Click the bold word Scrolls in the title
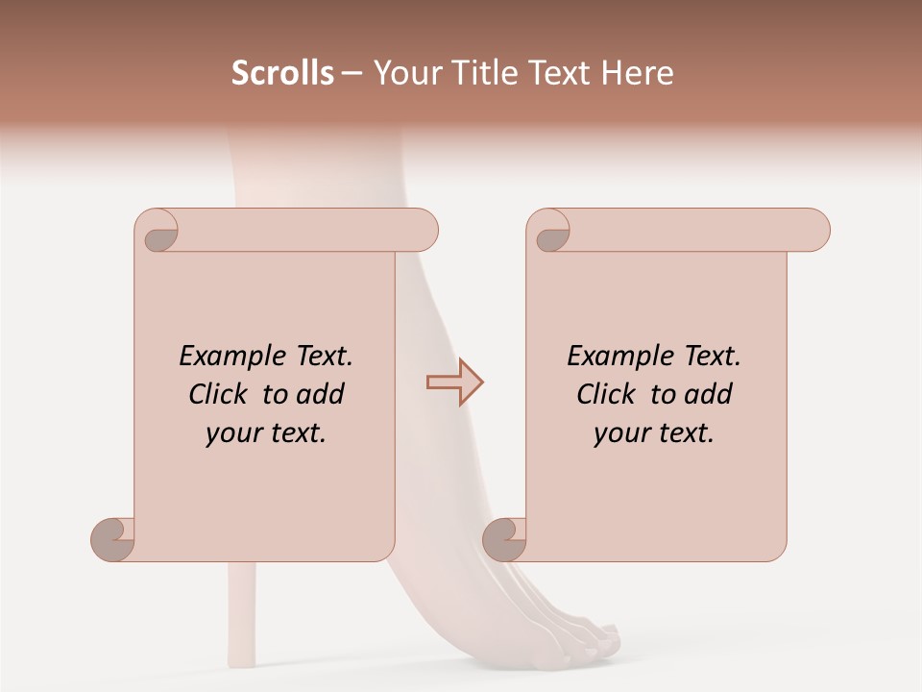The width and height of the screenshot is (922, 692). tap(282, 73)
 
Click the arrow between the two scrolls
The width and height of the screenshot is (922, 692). tap(454, 383)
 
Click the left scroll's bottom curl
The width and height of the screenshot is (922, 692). tap(113, 539)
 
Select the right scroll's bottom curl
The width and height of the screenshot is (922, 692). tap(505, 539)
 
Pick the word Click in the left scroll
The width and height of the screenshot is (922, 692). tap(219, 394)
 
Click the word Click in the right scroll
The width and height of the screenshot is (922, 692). tap(607, 394)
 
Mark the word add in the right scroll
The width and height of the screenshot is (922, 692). tap(708, 394)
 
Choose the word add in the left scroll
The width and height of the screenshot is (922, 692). tap(320, 394)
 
